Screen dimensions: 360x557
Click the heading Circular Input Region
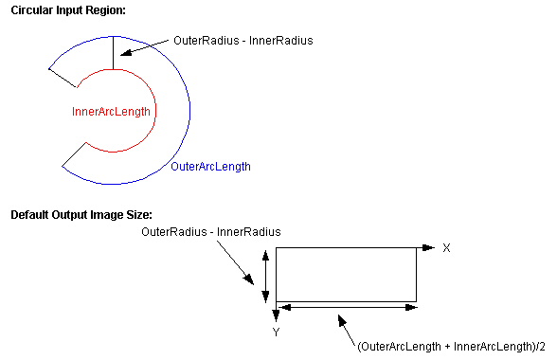(67, 9)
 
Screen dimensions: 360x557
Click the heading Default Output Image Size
(81, 215)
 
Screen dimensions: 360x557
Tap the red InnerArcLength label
(111, 112)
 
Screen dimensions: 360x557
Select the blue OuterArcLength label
(210, 167)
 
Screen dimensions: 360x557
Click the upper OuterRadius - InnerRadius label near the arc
(243, 41)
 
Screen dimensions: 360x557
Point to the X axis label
(446, 247)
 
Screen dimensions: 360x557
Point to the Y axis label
(276, 333)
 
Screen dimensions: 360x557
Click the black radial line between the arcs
(113, 53)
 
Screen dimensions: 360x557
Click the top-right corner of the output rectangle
(417, 247)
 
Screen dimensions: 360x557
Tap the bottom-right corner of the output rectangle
(417, 299)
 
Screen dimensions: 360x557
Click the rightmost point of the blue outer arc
(190, 112)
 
